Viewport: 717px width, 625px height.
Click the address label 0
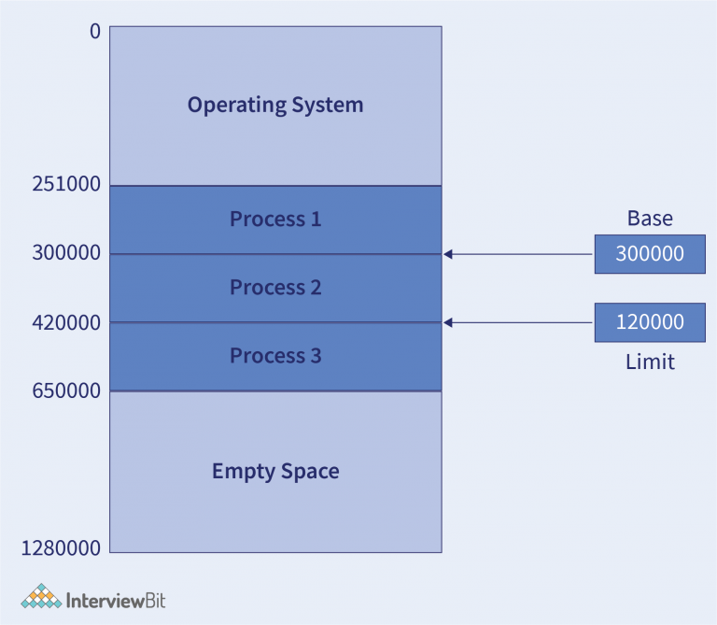pos(94,31)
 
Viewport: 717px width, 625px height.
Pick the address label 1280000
pos(60,548)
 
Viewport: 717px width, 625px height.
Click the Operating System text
pos(275,105)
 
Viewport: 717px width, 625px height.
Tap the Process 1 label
pos(275,220)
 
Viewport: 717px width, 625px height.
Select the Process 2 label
pos(275,288)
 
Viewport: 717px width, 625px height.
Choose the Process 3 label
pos(275,356)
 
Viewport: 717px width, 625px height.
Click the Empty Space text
pos(275,471)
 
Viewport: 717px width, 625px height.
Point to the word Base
pos(650,220)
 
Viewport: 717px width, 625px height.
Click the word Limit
pos(650,362)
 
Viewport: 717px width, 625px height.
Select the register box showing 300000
pos(650,254)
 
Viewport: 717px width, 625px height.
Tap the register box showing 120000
pos(650,322)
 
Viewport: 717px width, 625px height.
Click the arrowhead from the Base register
pos(448,254)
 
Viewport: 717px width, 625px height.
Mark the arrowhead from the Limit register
pos(448,322)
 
